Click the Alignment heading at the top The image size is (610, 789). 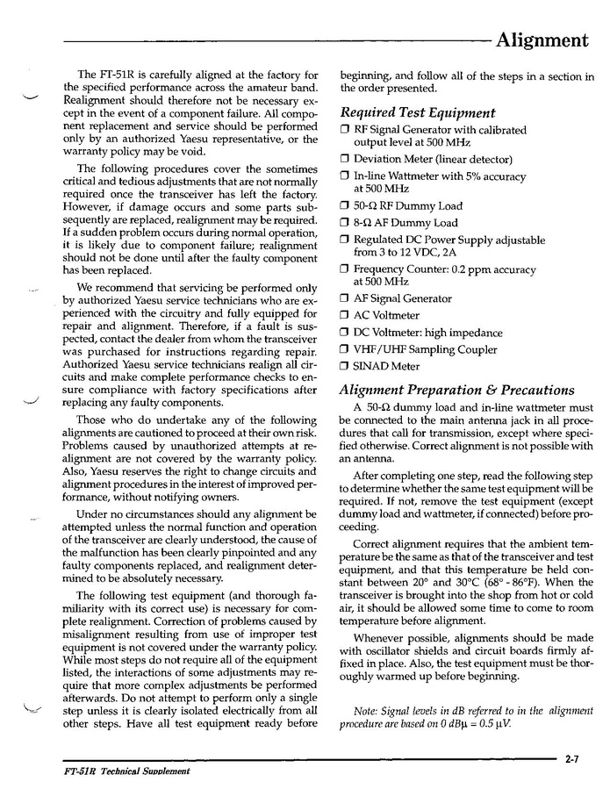click(542, 39)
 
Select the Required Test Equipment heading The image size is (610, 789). click(417, 112)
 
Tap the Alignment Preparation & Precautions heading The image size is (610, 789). click(456, 390)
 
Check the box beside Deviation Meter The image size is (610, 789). click(345, 160)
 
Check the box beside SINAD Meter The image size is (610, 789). click(345, 367)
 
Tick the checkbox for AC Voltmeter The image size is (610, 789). click(345, 316)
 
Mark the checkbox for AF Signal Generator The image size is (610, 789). click(345, 298)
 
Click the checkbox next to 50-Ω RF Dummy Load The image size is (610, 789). click(345, 206)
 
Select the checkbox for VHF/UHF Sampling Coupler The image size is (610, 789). click(345, 350)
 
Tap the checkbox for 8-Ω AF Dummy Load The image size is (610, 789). click(345, 223)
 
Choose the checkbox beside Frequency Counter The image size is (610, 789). click(345, 269)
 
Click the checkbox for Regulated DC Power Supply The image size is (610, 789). click(345, 240)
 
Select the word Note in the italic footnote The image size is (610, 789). click(365, 710)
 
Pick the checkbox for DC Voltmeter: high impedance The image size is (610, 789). click(345, 333)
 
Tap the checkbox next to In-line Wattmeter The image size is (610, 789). click(345, 176)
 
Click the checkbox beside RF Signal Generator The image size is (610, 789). click(345, 131)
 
